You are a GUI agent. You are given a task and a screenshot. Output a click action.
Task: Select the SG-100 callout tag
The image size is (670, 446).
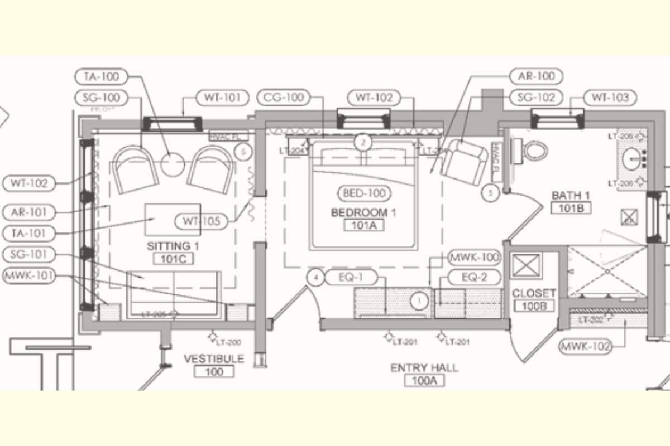coord(100,98)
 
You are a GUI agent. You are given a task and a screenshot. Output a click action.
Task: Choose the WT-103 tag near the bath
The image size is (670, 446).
coord(610,98)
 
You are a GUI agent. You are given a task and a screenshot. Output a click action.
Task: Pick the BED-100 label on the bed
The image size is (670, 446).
coord(364,194)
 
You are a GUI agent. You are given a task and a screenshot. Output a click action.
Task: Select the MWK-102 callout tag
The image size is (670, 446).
coord(586,346)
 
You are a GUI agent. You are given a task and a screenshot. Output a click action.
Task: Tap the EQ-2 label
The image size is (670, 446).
coord(474,277)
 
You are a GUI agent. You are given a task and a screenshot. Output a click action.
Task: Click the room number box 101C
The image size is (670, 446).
coord(169,258)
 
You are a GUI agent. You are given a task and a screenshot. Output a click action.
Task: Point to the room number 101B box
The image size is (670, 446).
coord(571,208)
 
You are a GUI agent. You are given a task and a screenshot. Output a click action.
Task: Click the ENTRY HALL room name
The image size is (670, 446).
coord(424,368)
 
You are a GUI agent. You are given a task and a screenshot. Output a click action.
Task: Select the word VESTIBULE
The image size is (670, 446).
coord(214,358)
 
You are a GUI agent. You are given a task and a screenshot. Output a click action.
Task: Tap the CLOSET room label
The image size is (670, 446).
coord(534,293)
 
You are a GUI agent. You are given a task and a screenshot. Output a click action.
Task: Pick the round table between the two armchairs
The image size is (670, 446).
coord(173,163)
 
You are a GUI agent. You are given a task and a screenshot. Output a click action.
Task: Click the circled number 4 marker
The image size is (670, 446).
coord(316,277)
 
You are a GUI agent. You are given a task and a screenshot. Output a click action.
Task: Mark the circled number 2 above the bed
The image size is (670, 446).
coord(363,143)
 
